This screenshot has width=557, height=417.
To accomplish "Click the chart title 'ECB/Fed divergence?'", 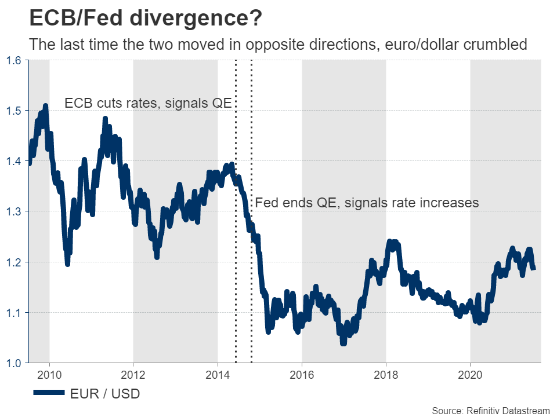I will click(145, 19).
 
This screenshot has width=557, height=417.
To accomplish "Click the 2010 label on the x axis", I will click(49, 374).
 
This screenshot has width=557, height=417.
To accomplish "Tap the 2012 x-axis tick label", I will click(133, 374).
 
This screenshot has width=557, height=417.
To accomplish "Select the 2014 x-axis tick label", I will click(218, 374).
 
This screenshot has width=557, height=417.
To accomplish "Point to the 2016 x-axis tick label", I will click(302, 374).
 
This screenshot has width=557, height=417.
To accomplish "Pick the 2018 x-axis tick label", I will click(386, 374).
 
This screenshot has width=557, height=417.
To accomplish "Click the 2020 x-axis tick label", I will click(470, 374).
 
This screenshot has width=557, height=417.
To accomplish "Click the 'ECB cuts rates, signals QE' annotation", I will click(148, 104).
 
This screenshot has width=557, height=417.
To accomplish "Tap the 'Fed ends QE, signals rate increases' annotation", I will click(367, 203).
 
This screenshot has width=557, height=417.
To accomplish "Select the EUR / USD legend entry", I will click(87, 394).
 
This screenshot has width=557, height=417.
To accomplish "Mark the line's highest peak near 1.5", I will click(45, 106).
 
